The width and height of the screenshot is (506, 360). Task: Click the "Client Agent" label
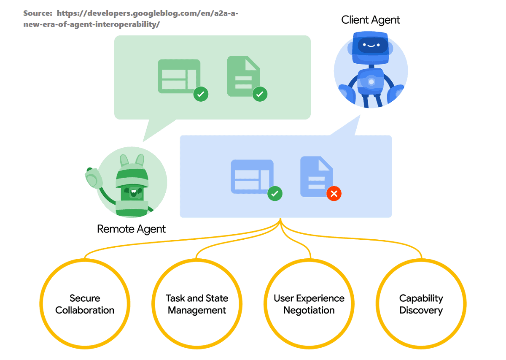(x=371, y=20)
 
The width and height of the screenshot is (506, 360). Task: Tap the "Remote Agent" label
(x=131, y=229)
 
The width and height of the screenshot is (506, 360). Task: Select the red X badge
(x=334, y=194)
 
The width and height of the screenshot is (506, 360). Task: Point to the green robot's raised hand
(x=93, y=178)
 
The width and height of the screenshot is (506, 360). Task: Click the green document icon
(x=244, y=76)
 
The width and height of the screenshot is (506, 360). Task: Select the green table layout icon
(x=179, y=76)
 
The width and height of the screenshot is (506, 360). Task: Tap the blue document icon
(x=317, y=176)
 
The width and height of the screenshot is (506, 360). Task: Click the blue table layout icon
(x=252, y=176)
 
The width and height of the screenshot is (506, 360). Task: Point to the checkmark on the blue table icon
(x=275, y=194)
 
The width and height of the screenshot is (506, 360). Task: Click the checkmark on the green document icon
(x=260, y=94)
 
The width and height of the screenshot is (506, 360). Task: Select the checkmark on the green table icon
(x=201, y=94)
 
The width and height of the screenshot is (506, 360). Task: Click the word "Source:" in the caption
(x=38, y=13)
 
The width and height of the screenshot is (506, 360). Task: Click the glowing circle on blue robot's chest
(x=371, y=81)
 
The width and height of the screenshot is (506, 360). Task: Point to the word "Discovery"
(x=421, y=310)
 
